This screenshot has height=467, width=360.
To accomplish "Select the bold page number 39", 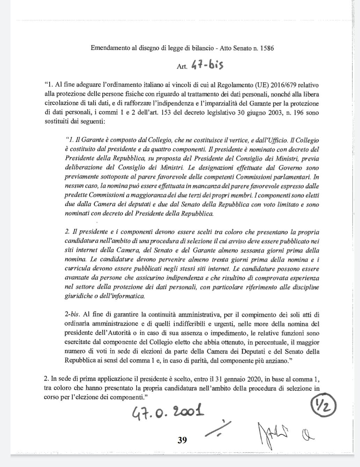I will pos(182,440).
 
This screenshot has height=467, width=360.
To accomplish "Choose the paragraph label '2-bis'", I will pos(72,314).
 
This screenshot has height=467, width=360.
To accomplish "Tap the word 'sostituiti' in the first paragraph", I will pos(57,122).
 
